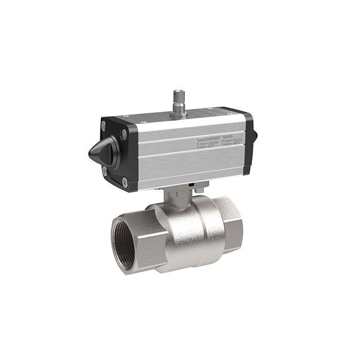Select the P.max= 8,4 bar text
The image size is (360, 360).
click(235, 141)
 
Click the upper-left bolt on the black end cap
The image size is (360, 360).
click(104, 124)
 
